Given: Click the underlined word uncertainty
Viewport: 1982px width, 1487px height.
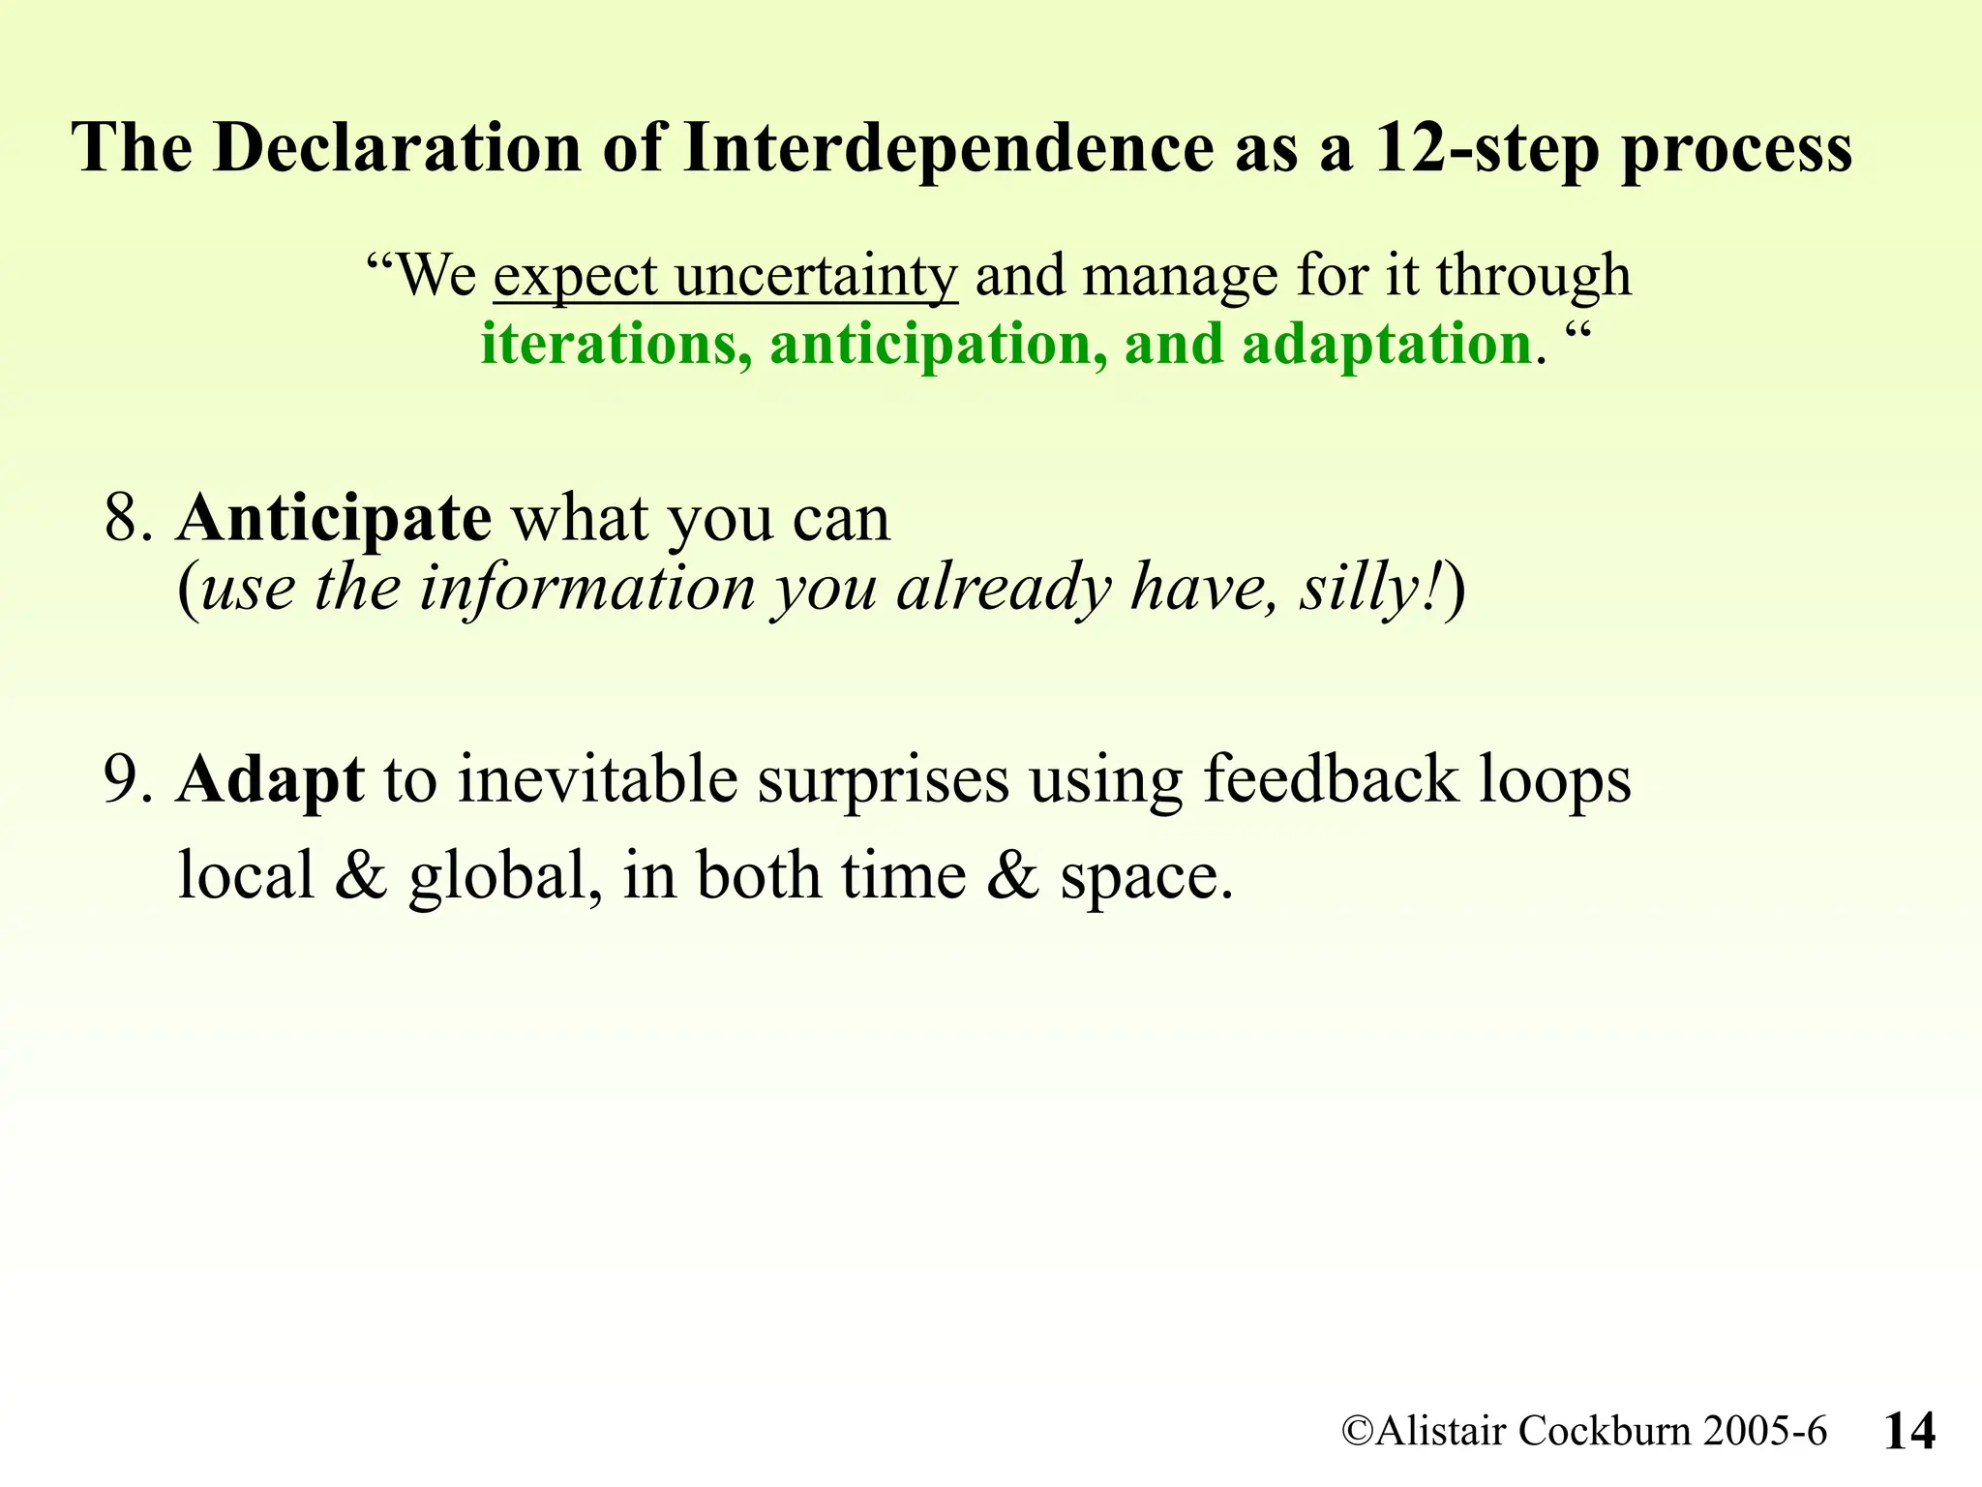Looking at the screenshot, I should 816,276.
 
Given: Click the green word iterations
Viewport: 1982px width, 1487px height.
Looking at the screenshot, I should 616,345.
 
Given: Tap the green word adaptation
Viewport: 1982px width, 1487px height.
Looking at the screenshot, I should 1386,345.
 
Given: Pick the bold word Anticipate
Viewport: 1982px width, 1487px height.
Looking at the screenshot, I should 334,520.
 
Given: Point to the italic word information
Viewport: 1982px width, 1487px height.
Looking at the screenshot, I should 586,588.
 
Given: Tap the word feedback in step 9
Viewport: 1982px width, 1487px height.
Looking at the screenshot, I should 1330,779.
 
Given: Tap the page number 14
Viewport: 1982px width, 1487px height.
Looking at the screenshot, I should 1909,1431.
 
